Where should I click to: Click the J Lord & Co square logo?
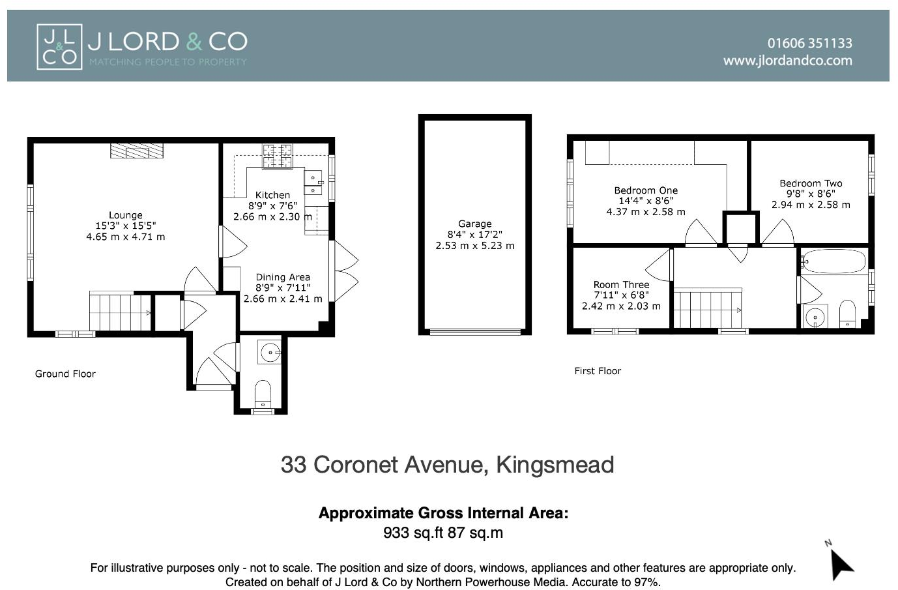pyautogui.click(x=59, y=46)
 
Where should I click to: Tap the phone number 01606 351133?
pyautogui.click(x=809, y=43)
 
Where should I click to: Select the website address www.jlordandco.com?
pyautogui.click(x=787, y=61)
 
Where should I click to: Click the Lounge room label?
pyautogui.click(x=125, y=215)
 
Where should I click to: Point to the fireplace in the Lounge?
pyautogui.click(x=136, y=151)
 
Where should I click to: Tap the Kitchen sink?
pyautogui.click(x=313, y=182)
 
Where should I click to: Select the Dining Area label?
pyautogui.click(x=283, y=277)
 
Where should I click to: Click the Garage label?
pyautogui.click(x=474, y=224)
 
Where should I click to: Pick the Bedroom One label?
pyautogui.click(x=646, y=190)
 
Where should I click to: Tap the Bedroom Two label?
pyautogui.click(x=811, y=183)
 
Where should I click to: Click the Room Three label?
pyautogui.click(x=621, y=284)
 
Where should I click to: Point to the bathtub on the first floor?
pyautogui.click(x=833, y=261)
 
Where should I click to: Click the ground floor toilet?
pyautogui.click(x=262, y=392)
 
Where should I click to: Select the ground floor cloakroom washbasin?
pyautogui.click(x=270, y=352)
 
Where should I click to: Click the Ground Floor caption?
pyautogui.click(x=65, y=374)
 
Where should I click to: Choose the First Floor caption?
pyautogui.click(x=598, y=371)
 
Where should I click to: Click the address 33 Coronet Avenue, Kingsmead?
pyautogui.click(x=447, y=465)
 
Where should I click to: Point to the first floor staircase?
pyautogui.click(x=707, y=309)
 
